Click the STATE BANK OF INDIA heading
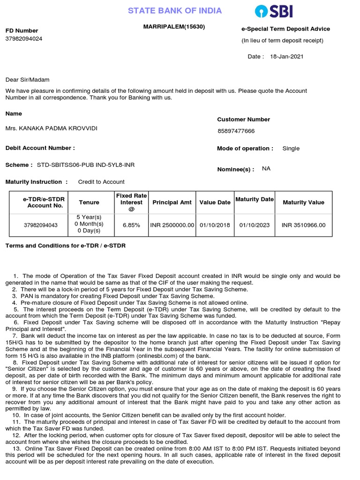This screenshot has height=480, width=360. coord(175,11)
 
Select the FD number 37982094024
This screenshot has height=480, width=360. coord(24,39)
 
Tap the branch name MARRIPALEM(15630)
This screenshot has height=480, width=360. coord(174,27)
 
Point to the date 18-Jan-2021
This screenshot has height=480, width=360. coord(286,57)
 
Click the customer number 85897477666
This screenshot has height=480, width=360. coord(236,131)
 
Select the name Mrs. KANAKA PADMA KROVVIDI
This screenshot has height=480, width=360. coord(52,128)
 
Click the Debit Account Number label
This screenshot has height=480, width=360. coord(40,148)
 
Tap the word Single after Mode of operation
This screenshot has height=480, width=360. coord(291,149)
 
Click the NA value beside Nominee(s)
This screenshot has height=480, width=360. coord(266,169)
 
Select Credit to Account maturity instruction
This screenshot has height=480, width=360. coord(101,182)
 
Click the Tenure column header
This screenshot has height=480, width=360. coord(89,202)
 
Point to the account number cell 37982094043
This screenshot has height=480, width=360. coord(41,225)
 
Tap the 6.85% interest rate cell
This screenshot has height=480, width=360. coord(131,225)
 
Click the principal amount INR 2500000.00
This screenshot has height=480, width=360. coord(172,225)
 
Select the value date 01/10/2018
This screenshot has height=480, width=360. coord(215,225)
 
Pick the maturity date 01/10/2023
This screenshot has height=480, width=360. coord(255,225)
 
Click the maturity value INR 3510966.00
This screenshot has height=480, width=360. coord(303,225)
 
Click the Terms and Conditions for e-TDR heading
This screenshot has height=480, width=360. coord(65,246)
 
